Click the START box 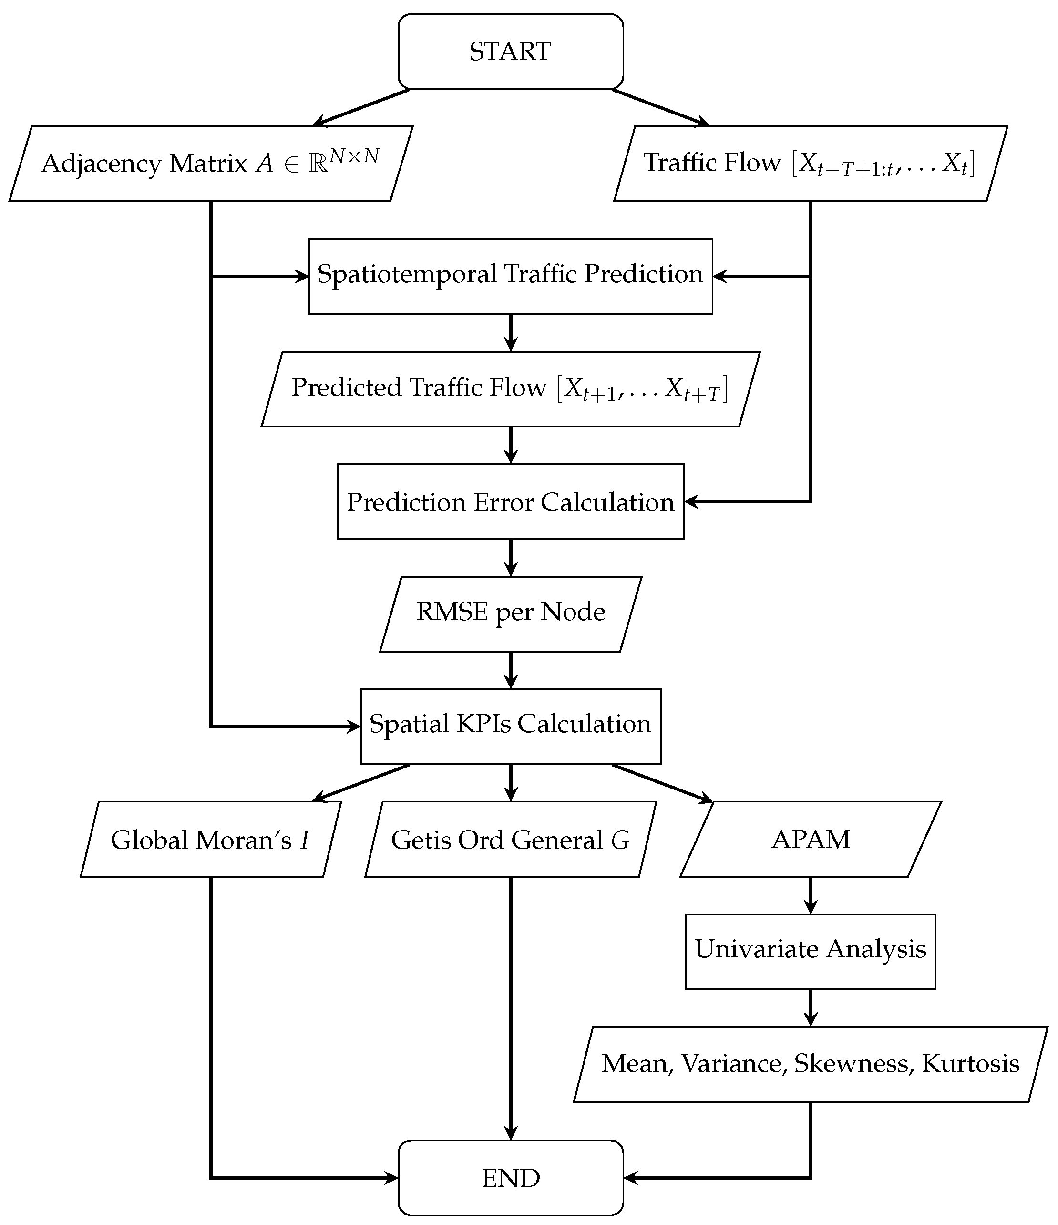[x=510, y=52]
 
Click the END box [x=510, y=1178]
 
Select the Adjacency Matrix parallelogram [x=210, y=164]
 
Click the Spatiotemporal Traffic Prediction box [x=510, y=276]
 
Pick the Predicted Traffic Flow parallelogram [x=510, y=388]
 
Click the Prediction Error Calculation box [x=510, y=501]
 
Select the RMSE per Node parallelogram [x=510, y=613]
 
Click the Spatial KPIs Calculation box [x=510, y=726]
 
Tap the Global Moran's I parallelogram [x=210, y=839]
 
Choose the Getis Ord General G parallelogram [x=510, y=839]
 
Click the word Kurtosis [x=971, y=1064]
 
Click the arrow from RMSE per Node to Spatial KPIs [x=511, y=670]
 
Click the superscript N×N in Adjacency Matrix [x=353, y=156]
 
